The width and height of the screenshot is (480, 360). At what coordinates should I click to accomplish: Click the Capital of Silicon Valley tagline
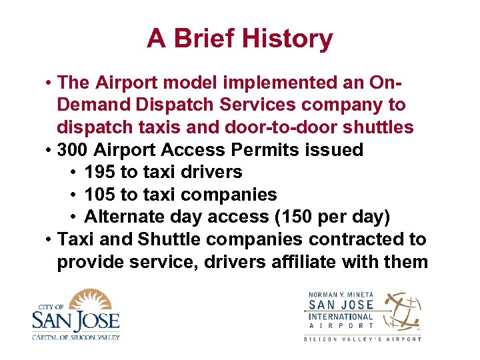[75, 337]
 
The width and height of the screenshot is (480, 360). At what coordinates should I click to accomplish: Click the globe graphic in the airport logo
[403, 311]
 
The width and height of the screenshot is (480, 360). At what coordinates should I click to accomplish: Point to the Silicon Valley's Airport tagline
[363, 339]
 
